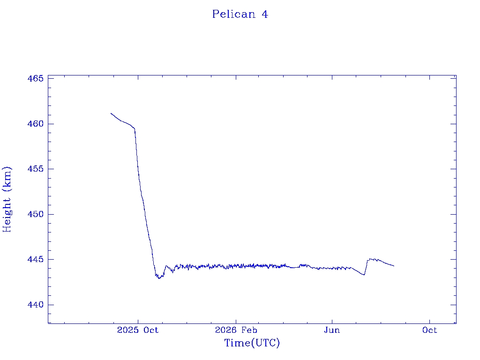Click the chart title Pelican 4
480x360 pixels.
pos(240,14)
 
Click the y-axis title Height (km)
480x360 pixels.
pos(7,199)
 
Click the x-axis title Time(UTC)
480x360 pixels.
pos(252,343)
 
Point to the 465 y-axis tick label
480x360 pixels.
pos(36,78)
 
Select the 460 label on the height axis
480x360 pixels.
pos(36,124)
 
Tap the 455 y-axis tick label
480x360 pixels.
pos(36,169)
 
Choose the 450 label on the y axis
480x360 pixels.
pos(36,214)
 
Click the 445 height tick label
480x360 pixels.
pos(36,259)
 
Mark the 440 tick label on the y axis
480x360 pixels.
pos(36,305)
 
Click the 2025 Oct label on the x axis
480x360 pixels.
pos(138,330)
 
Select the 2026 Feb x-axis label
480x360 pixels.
pos(236,330)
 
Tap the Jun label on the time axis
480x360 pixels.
pos(332,330)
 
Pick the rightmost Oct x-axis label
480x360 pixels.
pos(429,330)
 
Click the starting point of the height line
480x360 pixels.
pos(111,113)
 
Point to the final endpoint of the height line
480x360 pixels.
pos(394,266)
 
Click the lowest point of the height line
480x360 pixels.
pos(159,278)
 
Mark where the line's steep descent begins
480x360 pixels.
pos(135,128)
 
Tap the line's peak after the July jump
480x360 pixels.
pos(370,259)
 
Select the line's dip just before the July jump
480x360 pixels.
pos(364,275)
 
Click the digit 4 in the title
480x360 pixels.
pos(265,14)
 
